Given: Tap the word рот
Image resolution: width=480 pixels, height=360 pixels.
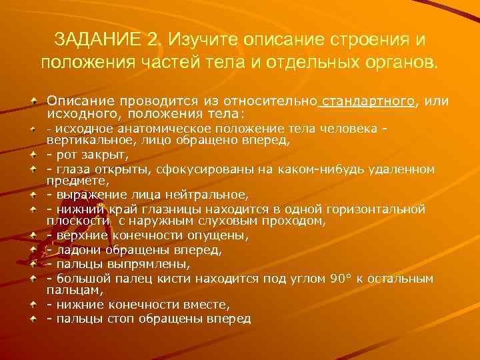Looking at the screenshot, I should coord(65,155).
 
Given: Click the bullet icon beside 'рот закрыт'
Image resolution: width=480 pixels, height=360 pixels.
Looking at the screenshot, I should coord(33,155).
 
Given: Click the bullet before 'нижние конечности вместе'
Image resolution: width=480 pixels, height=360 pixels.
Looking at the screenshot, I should coord(33,305).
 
